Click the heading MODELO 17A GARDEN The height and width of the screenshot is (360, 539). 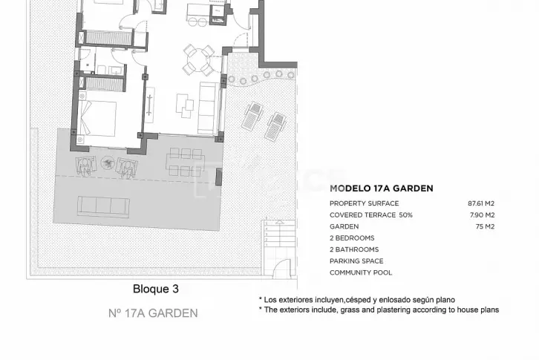[381, 189]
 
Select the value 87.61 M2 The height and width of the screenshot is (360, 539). [481, 203]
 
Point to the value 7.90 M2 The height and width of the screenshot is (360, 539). [483, 215]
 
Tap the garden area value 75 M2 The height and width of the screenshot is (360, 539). [485, 226]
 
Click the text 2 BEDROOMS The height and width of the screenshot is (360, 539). [352, 238]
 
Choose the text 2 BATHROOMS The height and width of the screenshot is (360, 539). [354, 249]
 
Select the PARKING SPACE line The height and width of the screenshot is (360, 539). [356, 261]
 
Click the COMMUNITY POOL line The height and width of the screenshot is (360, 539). [361, 272]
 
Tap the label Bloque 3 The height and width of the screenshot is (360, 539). [156, 289]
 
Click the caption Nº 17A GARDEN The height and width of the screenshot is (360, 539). [153, 313]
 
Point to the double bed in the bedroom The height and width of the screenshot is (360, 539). [97, 118]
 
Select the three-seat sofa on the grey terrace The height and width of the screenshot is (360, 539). [103, 206]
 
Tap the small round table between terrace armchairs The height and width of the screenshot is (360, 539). [108, 163]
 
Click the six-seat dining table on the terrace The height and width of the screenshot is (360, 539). [186, 163]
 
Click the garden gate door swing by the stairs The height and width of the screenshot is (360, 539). [282, 269]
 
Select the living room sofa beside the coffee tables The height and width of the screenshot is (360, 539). [209, 108]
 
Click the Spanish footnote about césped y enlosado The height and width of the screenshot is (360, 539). [357, 300]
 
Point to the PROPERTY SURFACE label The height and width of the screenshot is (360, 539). [364, 203]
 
